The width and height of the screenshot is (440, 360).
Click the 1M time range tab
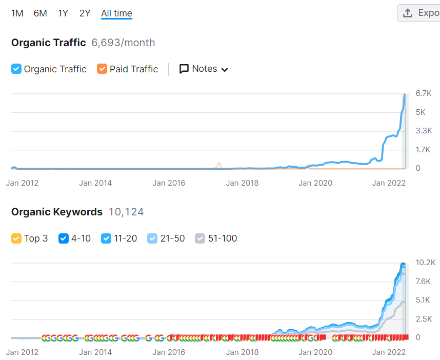click(17, 13)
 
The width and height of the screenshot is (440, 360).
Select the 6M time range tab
click(40, 13)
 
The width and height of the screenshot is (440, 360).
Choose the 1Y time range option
click(63, 13)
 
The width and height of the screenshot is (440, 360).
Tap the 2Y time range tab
click(85, 13)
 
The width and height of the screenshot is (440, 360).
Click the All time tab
click(116, 13)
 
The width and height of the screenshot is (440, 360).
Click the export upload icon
click(408, 13)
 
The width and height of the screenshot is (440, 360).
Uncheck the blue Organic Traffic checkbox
click(16, 69)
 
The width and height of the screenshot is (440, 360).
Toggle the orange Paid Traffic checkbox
click(102, 69)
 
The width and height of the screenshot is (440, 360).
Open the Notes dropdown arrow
click(225, 70)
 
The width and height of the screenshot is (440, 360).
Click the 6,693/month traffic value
click(123, 43)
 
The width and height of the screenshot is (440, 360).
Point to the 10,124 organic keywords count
click(126, 212)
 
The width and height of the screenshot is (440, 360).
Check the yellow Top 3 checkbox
click(16, 238)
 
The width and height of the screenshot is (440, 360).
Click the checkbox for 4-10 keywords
click(64, 238)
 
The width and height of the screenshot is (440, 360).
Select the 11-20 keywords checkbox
click(106, 238)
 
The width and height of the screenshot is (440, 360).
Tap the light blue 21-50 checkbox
click(152, 238)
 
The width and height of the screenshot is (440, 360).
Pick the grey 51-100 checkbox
click(200, 238)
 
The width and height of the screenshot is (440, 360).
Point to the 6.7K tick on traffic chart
click(424, 93)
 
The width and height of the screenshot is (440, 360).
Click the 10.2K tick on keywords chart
click(426, 263)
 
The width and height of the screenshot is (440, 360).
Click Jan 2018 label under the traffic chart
click(242, 183)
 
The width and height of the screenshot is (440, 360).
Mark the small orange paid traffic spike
click(218, 166)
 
